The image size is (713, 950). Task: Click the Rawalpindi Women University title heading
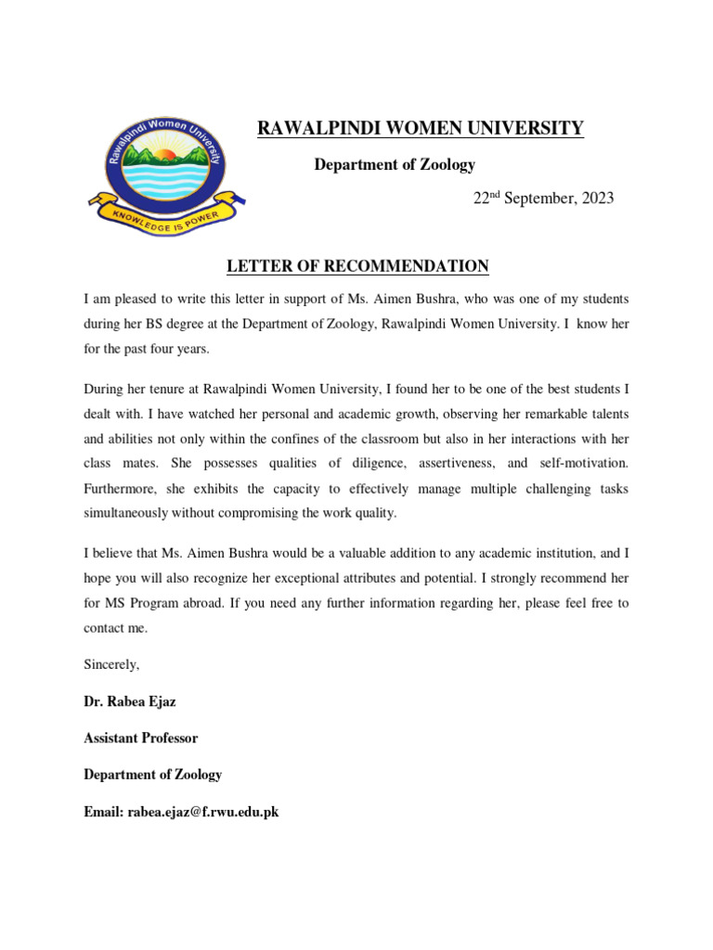point(421,129)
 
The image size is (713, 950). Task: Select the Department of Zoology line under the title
point(395,165)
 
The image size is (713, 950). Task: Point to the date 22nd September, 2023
point(544,199)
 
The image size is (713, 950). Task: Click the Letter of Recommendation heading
point(358,267)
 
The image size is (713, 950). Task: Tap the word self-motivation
point(582,462)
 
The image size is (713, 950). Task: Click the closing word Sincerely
point(111,664)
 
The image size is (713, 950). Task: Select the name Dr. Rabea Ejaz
point(129,701)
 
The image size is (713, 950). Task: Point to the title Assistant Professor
point(140,738)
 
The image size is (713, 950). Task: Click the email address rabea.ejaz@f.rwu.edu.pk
point(203,812)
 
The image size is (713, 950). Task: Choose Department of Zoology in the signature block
point(152,775)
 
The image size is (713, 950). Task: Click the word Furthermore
point(123,488)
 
